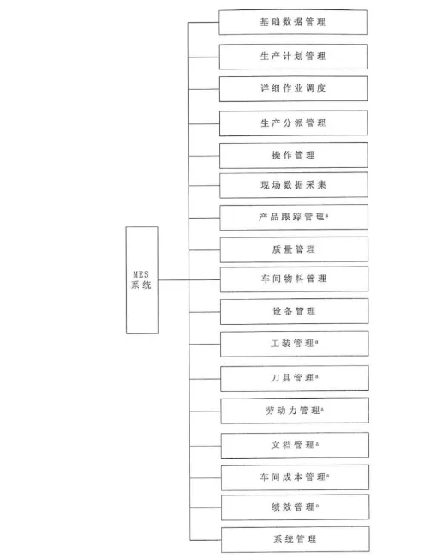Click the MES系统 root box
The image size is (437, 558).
[x=142, y=280]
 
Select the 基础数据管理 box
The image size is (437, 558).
[x=293, y=22]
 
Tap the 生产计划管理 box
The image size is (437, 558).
[x=293, y=57]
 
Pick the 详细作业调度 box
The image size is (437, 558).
[x=294, y=88]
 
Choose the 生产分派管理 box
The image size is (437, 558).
[x=294, y=123]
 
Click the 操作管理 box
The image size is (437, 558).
[x=294, y=155]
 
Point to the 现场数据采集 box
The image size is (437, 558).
[x=294, y=185]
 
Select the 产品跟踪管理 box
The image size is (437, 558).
[x=294, y=217]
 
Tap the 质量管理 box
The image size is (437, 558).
[x=294, y=249]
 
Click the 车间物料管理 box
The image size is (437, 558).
[x=294, y=279]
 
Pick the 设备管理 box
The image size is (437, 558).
[x=295, y=311]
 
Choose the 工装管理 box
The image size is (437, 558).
[x=295, y=344]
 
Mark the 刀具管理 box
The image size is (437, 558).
[x=295, y=378]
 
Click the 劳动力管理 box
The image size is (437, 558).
[x=295, y=411]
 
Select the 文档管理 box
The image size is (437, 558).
[x=295, y=445]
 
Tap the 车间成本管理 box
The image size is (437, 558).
[x=296, y=477]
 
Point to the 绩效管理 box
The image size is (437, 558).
[x=296, y=507]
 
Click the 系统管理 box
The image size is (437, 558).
[x=296, y=539]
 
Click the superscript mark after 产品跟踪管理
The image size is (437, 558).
[x=327, y=215]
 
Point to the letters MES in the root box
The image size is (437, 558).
[x=141, y=275]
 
